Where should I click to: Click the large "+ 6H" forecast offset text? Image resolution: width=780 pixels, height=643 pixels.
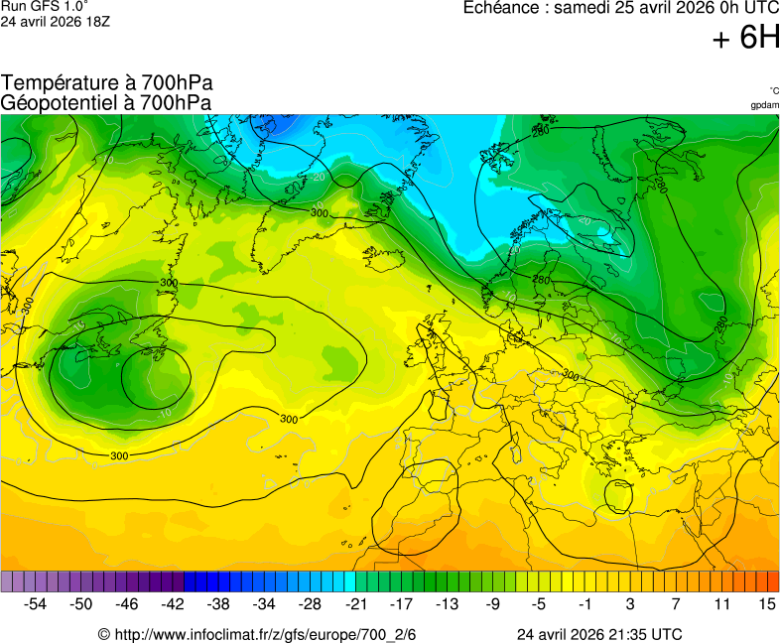pyautogui.click(x=746, y=38)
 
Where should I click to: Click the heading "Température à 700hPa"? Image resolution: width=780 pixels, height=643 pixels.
pyautogui.click(x=107, y=83)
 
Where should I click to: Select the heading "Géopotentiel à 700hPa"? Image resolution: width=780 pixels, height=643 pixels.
pyautogui.click(x=105, y=102)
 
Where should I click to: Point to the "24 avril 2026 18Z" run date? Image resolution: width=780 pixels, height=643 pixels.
pyautogui.click(x=56, y=21)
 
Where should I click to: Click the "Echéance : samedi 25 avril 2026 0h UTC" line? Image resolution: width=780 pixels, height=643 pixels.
pyautogui.click(x=621, y=8)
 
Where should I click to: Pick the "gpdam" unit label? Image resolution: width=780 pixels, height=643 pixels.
pyautogui.click(x=764, y=105)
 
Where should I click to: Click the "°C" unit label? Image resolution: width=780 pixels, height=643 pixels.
pyautogui.click(x=773, y=90)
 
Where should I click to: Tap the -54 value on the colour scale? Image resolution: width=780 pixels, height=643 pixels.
pyautogui.click(x=36, y=603)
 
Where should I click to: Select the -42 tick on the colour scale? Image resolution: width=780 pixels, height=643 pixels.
pyautogui.click(x=173, y=603)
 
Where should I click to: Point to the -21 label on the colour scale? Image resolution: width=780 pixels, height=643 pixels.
pyautogui.click(x=355, y=603)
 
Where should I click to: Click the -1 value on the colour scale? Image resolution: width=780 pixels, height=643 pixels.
pyautogui.click(x=585, y=603)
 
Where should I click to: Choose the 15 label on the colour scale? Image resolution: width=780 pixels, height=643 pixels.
pyautogui.click(x=766, y=603)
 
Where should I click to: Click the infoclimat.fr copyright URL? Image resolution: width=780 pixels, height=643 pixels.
pyautogui.click(x=257, y=634)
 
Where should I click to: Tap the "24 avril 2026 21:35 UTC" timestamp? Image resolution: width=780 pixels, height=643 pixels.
pyautogui.click(x=598, y=634)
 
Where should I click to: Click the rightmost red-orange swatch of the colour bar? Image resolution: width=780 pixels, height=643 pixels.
pyautogui.click(x=773, y=581)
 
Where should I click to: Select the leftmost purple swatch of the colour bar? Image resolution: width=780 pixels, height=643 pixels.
pyautogui.click(x=7, y=581)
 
